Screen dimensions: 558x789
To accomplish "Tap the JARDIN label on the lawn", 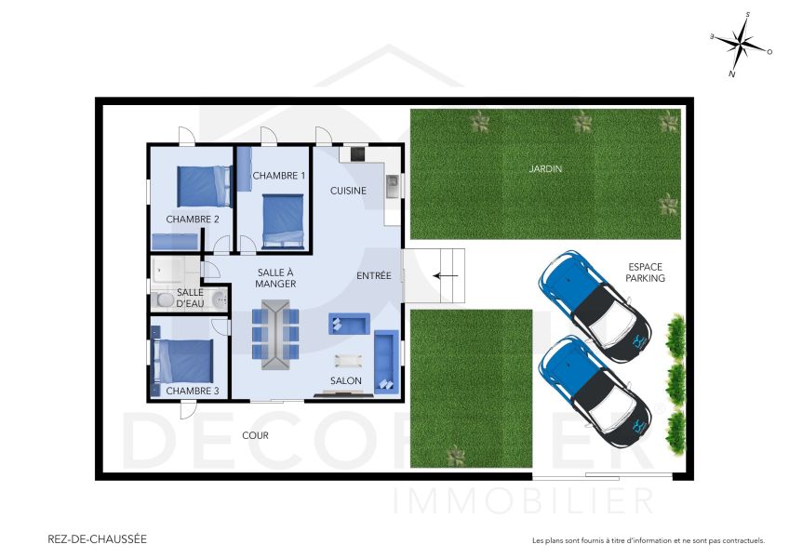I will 545,169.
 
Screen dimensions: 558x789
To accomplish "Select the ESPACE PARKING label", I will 645,272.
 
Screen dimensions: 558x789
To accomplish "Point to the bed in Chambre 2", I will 203,185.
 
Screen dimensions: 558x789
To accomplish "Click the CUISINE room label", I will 348,191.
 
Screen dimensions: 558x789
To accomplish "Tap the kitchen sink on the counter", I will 392,181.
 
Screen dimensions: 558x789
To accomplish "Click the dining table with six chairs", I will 275,335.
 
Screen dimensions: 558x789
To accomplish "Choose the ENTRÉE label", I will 374,276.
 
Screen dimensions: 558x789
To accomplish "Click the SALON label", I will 345,380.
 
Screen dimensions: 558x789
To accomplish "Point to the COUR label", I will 256,434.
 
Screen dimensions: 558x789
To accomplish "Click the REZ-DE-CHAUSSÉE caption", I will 97,538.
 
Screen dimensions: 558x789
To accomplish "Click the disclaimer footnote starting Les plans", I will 648,540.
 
